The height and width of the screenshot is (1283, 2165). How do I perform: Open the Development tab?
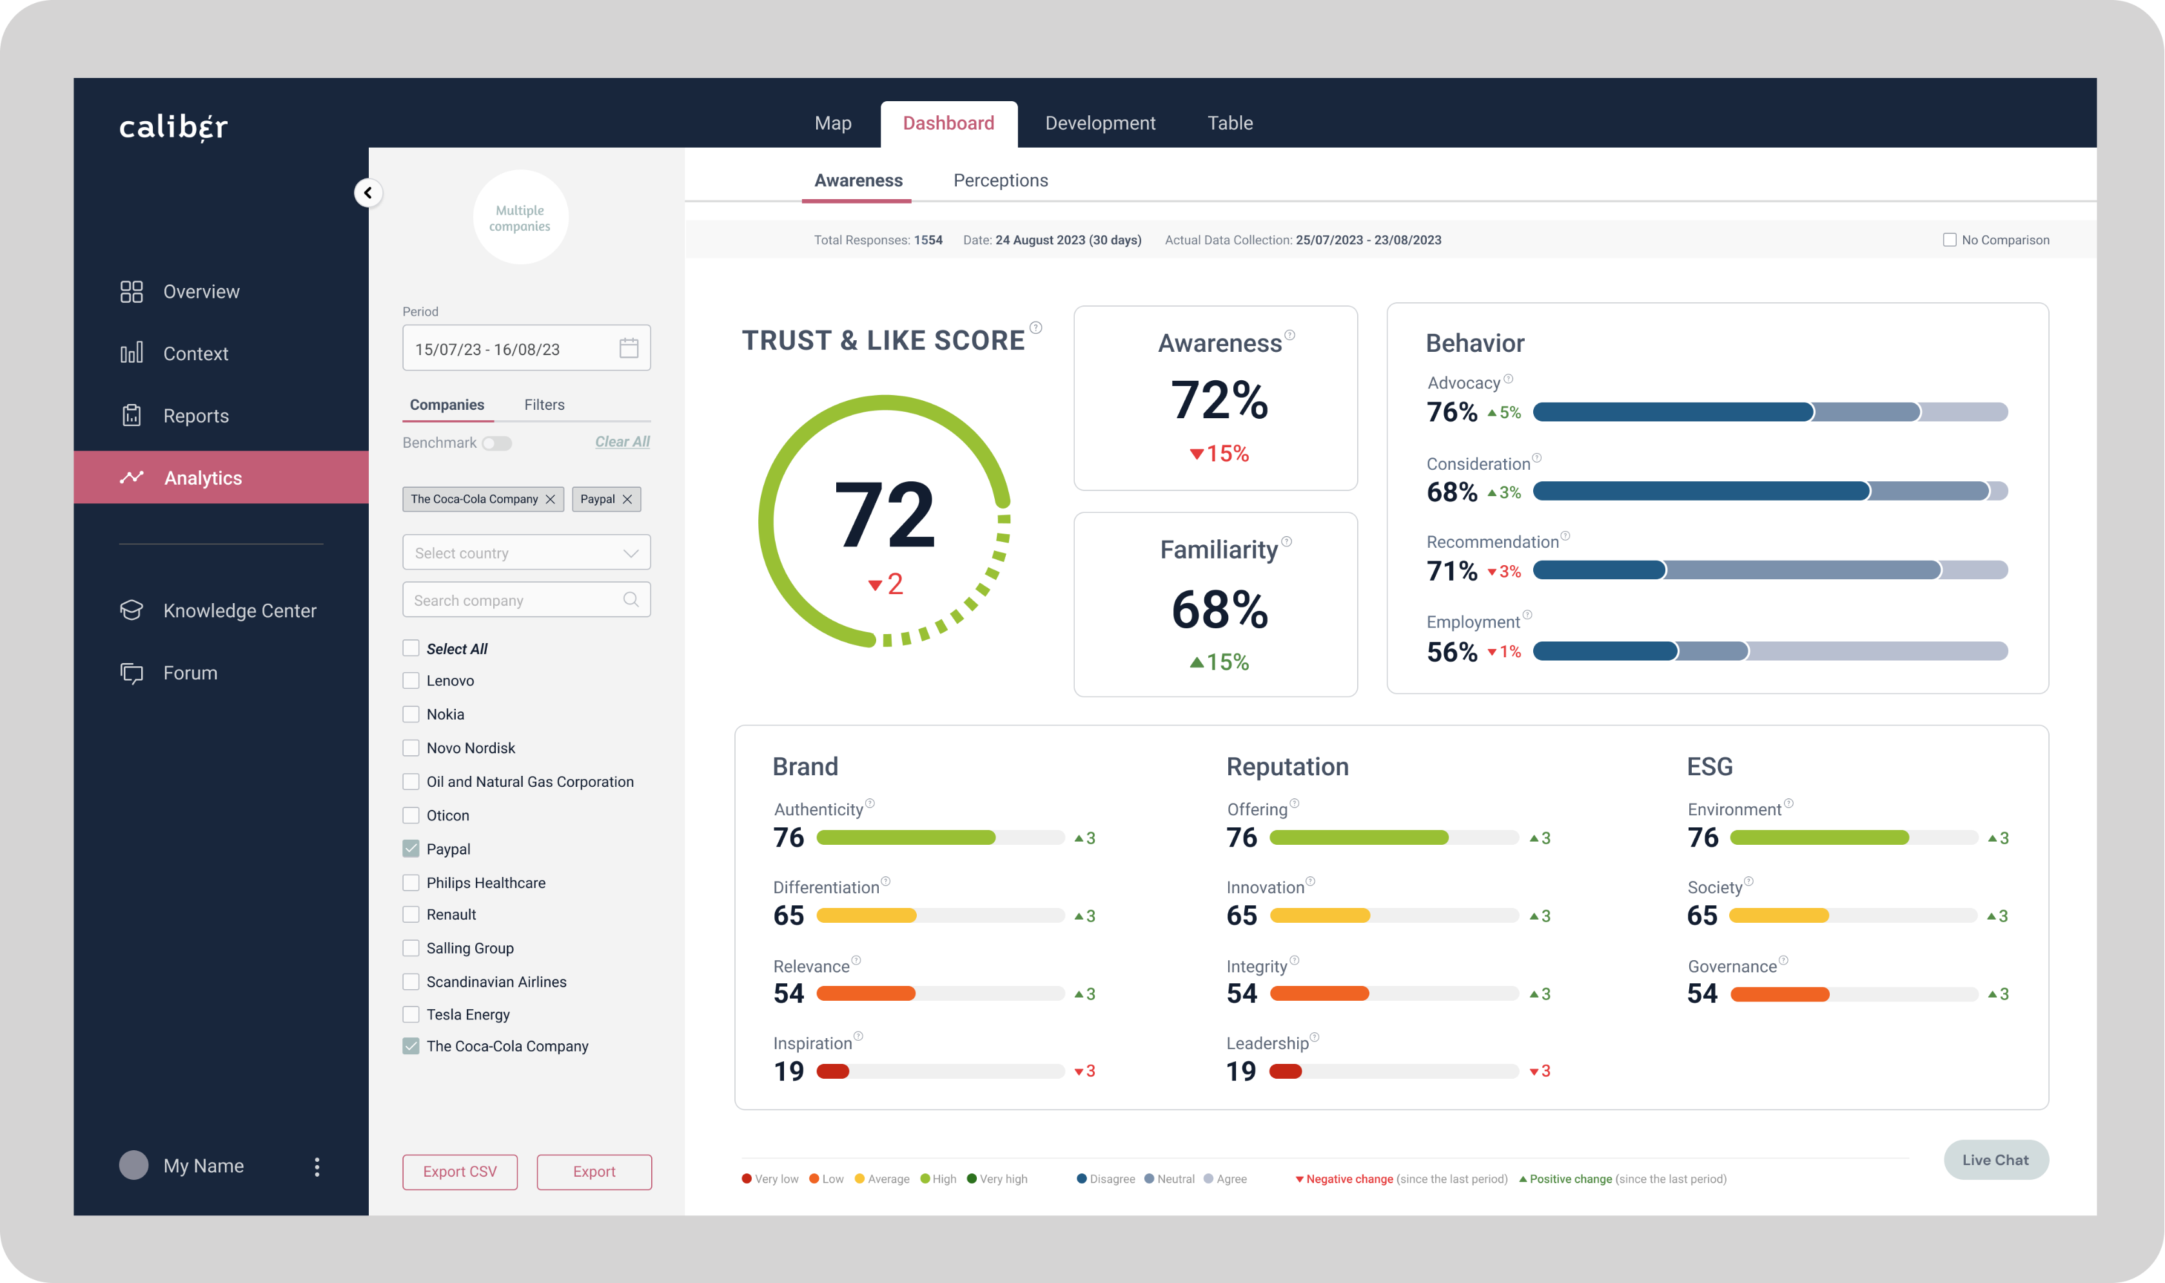[x=1099, y=124]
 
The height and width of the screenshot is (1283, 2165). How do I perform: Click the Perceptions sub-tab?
[x=1000, y=180]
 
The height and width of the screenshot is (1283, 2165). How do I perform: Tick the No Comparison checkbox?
[x=1950, y=240]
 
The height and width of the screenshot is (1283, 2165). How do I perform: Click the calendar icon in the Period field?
[x=629, y=349]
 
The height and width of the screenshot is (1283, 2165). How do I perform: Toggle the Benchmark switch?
[x=497, y=443]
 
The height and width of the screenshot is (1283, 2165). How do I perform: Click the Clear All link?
[x=622, y=442]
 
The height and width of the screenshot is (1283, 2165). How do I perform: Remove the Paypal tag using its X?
[x=627, y=499]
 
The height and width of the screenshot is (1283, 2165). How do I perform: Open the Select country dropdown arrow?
[x=631, y=554]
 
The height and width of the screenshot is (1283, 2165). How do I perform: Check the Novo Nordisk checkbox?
[x=411, y=748]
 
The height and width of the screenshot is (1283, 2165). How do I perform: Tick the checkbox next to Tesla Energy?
[x=411, y=1014]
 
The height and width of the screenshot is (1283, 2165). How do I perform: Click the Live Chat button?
[x=1995, y=1160]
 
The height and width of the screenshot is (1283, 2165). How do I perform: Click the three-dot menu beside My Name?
[x=317, y=1167]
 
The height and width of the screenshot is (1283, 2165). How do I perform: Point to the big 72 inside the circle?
[x=884, y=516]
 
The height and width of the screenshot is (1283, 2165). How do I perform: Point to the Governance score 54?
[x=1701, y=994]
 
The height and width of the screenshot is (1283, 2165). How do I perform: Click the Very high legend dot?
[x=972, y=1179]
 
